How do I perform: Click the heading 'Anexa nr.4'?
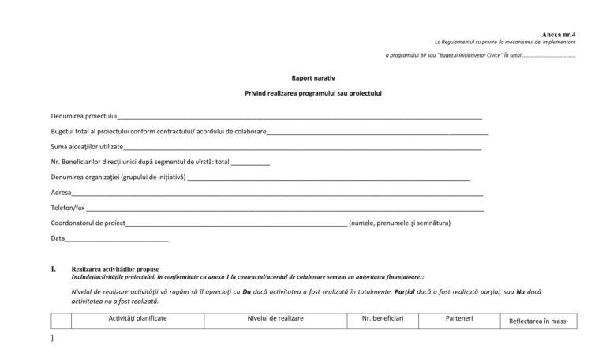coord(559,34)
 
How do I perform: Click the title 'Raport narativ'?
coord(312,79)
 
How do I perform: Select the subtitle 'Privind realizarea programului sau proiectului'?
coord(312,94)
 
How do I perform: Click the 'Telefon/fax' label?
coord(68,208)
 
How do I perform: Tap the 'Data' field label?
coord(58,238)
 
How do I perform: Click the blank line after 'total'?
coord(251,163)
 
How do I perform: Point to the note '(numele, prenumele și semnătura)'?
coord(399,223)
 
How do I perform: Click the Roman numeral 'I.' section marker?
coord(54,268)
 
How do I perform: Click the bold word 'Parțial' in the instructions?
coord(406,291)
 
